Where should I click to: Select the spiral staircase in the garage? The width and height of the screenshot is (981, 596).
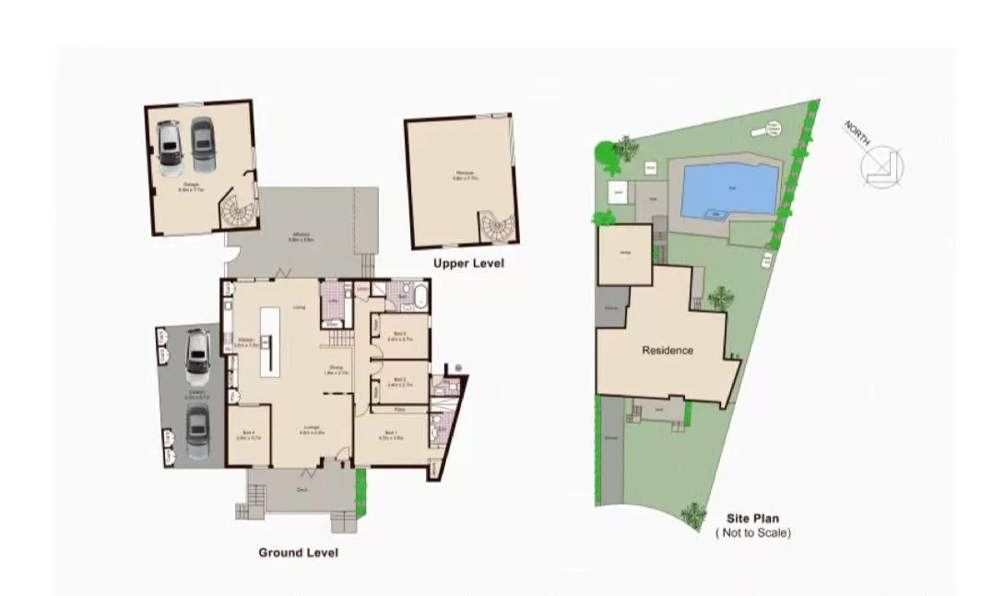[238, 213]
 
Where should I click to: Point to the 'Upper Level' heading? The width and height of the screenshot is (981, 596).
[468, 264]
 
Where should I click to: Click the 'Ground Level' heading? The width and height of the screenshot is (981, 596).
[298, 553]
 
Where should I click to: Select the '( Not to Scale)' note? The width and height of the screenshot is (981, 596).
[752, 532]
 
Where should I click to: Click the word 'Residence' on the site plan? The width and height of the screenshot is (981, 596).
[668, 351]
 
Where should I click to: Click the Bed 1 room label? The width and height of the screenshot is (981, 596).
[391, 435]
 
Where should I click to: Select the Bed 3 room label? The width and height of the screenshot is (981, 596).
[399, 335]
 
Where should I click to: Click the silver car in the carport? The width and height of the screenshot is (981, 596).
[197, 355]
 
